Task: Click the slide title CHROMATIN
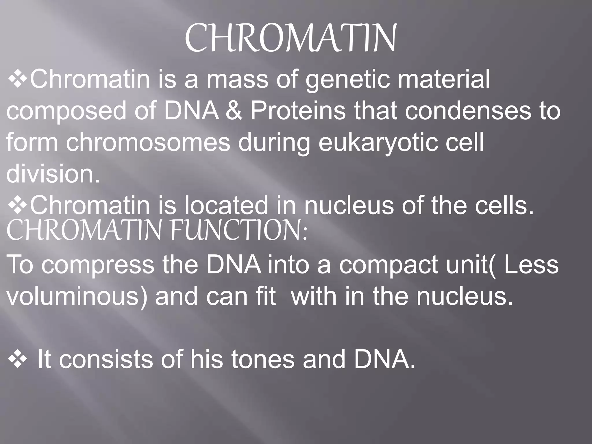tap(290, 39)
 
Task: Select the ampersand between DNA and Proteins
tap(234, 111)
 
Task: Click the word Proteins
tap(298, 111)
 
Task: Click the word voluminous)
tap(77, 297)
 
